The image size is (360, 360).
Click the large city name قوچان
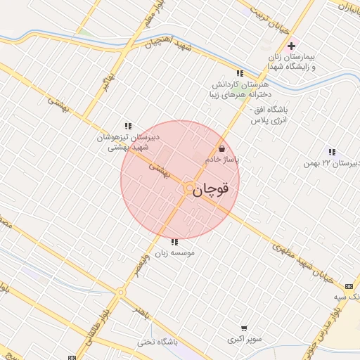pos(211,188)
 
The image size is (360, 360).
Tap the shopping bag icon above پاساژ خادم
pos(222,149)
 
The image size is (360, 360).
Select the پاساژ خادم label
pos(222,160)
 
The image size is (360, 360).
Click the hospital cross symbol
pos(311,46)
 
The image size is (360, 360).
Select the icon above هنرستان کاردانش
pos(240,72)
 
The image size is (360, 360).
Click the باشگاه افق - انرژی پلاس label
pos(268,116)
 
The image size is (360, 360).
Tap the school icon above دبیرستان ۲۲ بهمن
pos(331,151)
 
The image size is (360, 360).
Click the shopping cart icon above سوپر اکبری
pos(244,327)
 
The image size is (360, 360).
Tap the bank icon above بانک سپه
pos(349,286)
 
